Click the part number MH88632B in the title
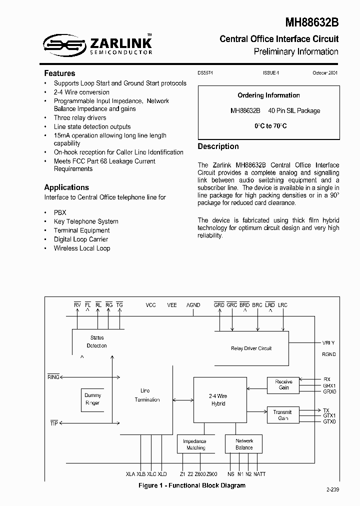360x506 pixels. (x=311, y=22)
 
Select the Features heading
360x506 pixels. (x=59, y=73)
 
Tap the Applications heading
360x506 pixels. (x=66, y=187)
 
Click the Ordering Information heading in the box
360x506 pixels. (x=268, y=95)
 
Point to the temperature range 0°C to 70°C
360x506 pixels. (x=270, y=126)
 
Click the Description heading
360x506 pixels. (x=218, y=146)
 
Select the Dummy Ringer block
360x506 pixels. (x=92, y=399)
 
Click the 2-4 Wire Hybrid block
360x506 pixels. (x=217, y=399)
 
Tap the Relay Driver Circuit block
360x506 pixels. (x=251, y=348)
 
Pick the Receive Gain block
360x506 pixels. (x=283, y=384)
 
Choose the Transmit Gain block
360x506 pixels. (x=283, y=415)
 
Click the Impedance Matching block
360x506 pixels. (x=195, y=444)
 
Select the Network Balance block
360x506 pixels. (x=244, y=444)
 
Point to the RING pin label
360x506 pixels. (x=53, y=377)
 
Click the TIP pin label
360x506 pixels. (x=54, y=423)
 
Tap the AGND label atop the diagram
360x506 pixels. (x=193, y=305)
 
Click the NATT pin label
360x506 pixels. (x=259, y=473)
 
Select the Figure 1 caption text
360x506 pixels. (x=192, y=485)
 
